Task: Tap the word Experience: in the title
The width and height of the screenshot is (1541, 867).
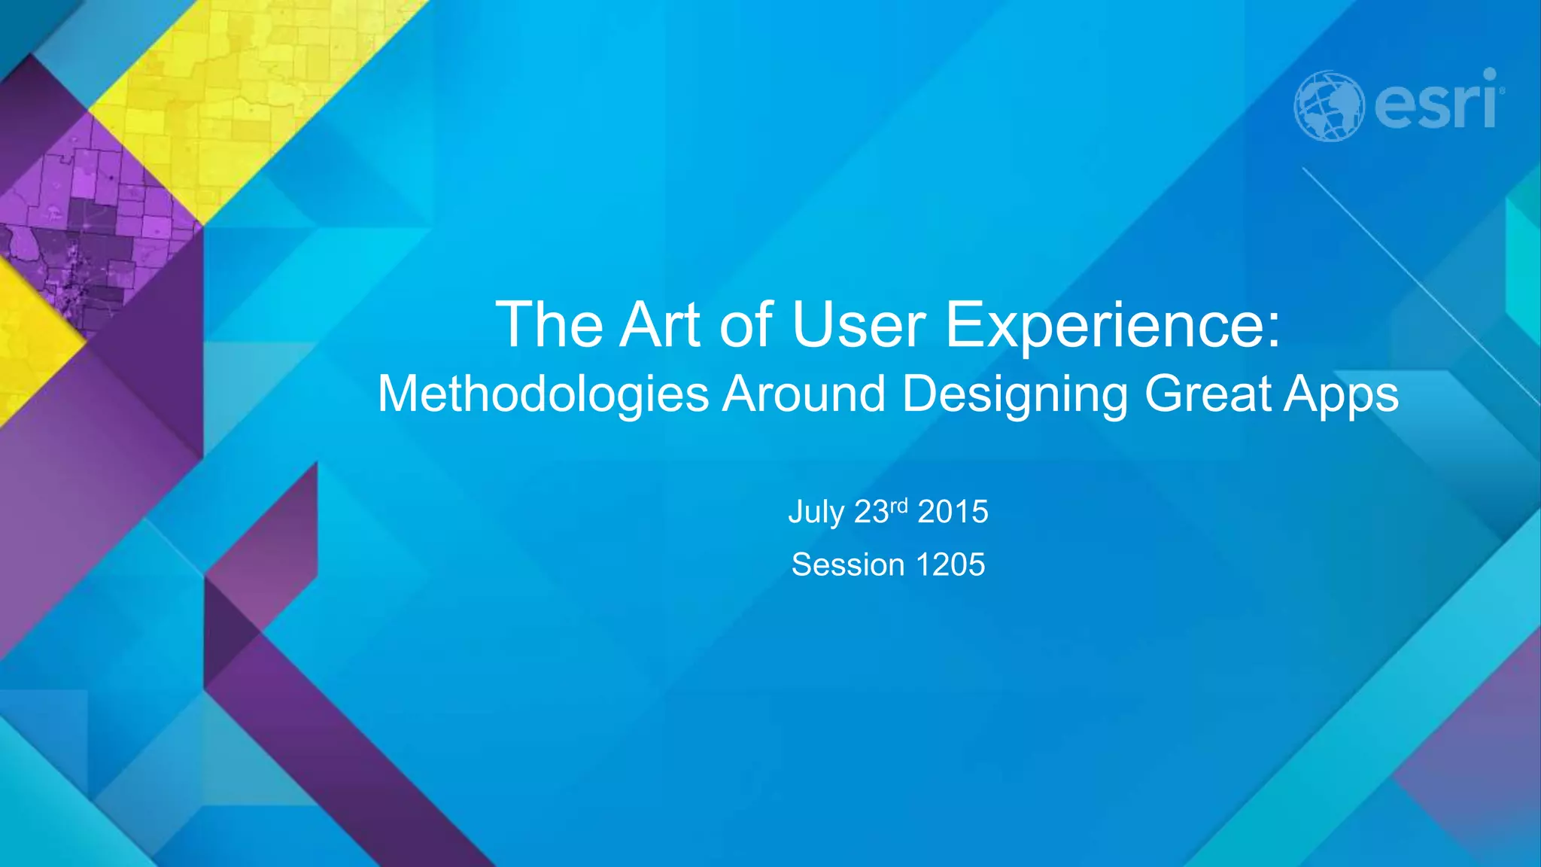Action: click(x=1112, y=325)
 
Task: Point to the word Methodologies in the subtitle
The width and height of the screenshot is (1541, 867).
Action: click(x=543, y=394)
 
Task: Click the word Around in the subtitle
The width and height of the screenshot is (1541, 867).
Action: click(x=804, y=394)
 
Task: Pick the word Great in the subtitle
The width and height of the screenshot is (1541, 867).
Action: click(x=1208, y=394)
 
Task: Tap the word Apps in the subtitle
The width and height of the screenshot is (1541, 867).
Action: click(x=1341, y=394)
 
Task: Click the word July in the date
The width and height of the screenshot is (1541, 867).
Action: click(x=816, y=513)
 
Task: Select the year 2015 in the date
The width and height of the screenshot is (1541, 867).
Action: click(x=953, y=512)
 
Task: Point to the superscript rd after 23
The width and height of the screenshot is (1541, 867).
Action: click(x=899, y=505)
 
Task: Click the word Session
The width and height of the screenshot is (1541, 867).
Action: click(x=847, y=564)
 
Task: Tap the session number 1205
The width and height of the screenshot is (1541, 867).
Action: click(x=950, y=564)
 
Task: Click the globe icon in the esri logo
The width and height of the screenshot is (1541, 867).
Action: click(x=1329, y=106)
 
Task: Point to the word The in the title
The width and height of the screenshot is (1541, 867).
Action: click(x=549, y=325)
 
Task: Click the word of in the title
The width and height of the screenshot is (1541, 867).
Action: click(x=746, y=325)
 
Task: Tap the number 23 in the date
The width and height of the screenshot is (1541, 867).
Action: click(x=871, y=513)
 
